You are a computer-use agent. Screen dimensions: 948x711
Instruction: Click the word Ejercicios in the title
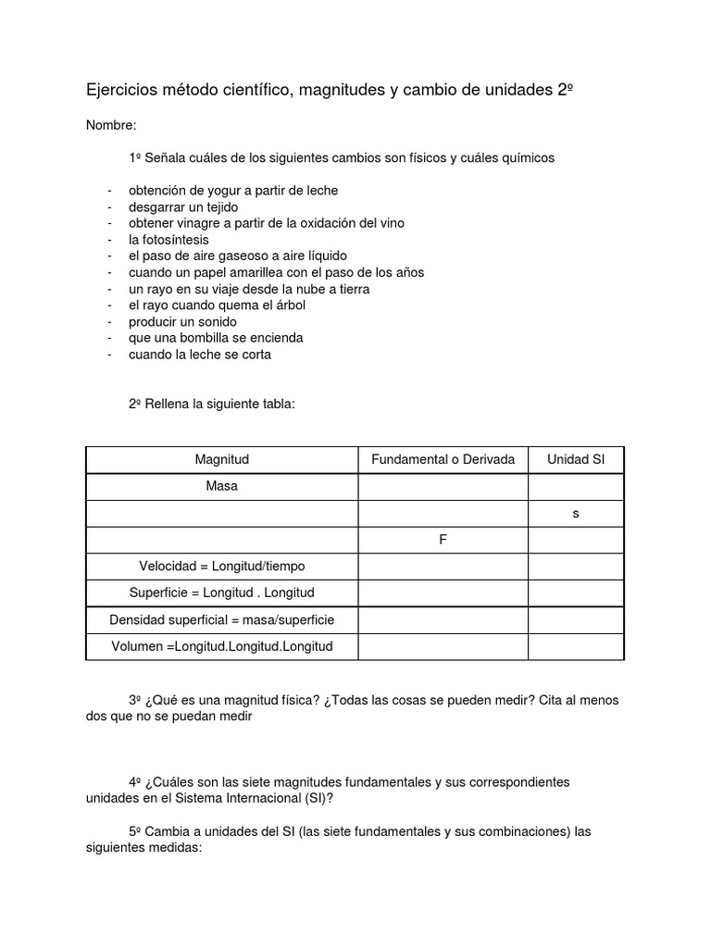[x=120, y=91]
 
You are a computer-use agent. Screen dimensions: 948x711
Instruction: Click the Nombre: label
[x=111, y=125]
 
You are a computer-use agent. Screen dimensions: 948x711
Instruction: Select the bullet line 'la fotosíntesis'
[x=168, y=239]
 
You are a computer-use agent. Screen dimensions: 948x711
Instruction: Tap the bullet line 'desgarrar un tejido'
[x=183, y=206]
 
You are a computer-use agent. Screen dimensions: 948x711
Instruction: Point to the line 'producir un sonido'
[x=182, y=321]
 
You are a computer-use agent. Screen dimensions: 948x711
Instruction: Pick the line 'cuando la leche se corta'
[x=200, y=354]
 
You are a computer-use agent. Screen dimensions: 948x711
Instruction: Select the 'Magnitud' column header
[x=221, y=459]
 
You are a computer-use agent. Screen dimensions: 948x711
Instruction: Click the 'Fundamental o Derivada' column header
[x=443, y=459]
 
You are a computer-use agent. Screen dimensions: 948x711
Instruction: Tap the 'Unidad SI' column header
[x=576, y=459]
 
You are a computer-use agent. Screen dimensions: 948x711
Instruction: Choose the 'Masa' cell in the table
[x=221, y=486]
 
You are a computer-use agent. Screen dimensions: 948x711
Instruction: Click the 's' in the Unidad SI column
[x=576, y=513]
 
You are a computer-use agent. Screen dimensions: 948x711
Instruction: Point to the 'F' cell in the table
[x=443, y=540]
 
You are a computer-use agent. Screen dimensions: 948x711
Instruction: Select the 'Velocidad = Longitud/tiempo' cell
[x=221, y=566]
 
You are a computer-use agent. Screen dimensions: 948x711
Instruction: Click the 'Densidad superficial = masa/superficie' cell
[x=221, y=619]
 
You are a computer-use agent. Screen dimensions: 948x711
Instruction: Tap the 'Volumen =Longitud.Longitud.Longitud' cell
[x=221, y=646]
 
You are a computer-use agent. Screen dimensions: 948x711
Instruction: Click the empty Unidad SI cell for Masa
[x=576, y=486]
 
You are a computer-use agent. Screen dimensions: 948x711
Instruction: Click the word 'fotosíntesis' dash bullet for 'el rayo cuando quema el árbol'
[x=110, y=306]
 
